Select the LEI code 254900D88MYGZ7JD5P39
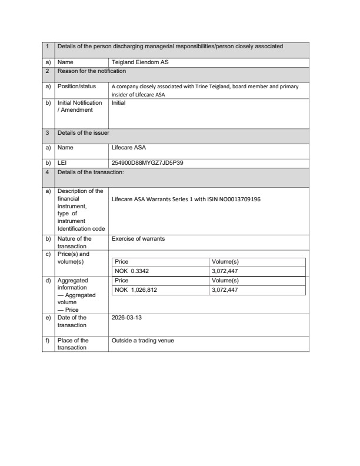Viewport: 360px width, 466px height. [147, 163]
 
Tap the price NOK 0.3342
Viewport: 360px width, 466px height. [131, 271]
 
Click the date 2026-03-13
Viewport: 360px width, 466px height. [127, 318]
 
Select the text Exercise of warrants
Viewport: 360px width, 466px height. [138, 239]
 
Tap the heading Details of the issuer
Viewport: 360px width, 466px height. [83, 133]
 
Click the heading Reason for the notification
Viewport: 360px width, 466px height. [92, 71]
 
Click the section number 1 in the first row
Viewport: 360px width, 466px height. [47, 46]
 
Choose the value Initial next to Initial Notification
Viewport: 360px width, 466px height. [119, 102]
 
